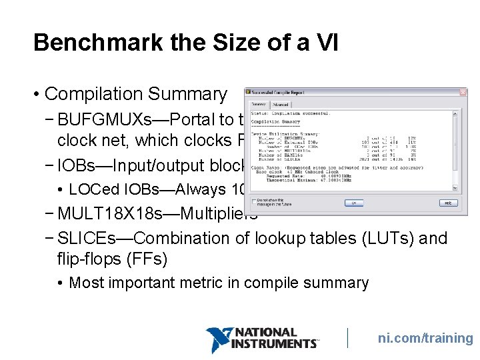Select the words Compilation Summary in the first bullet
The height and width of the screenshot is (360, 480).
135,95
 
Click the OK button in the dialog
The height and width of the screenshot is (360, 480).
354,203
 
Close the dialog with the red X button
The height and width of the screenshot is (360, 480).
463,92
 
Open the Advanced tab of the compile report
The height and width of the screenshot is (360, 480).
280,105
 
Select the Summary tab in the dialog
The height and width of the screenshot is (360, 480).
258,105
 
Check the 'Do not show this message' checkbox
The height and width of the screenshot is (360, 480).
254,200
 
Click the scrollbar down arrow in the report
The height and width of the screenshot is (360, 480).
456,186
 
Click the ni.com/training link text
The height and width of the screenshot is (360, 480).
425,338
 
